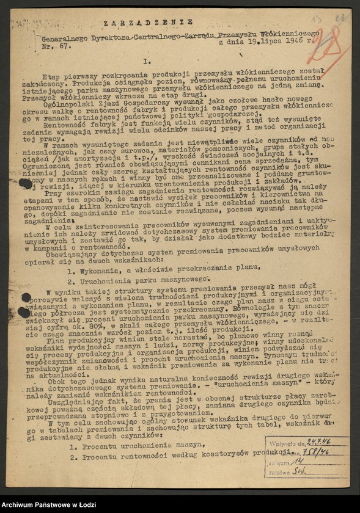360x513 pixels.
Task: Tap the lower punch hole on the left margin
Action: (x=25, y=311)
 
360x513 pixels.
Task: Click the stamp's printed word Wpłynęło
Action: (x=281, y=442)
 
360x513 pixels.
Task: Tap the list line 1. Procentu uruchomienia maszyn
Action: (x=128, y=446)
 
